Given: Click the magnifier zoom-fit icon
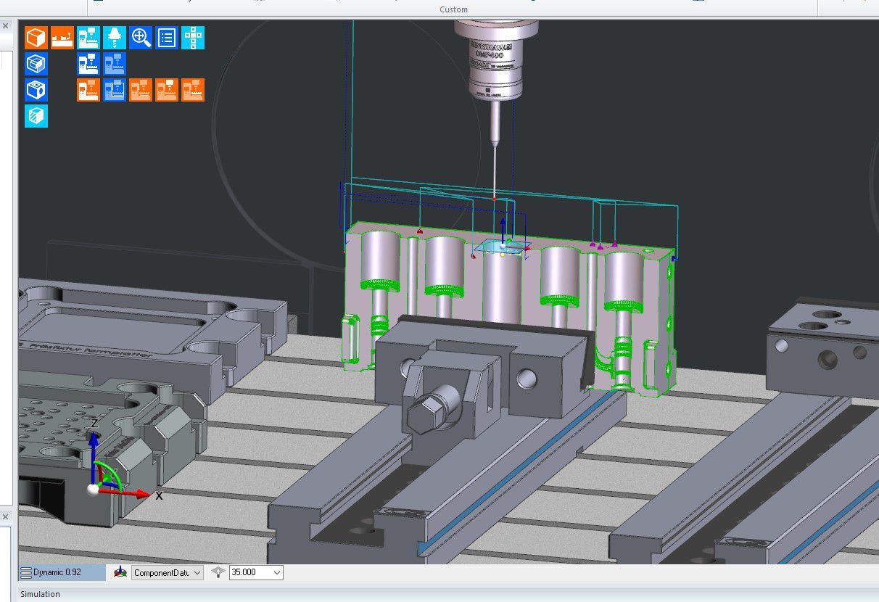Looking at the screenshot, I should (x=141, y=37).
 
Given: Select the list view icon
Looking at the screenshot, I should (x=167, y=37).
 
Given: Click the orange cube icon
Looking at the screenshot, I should (x=36, y=37).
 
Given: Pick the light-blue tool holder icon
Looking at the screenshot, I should (x=115, y=37).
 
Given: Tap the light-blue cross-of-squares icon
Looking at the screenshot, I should (x=193, y=37).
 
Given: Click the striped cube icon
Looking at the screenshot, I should (x=36, y=116).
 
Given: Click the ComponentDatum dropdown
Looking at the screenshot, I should (x=166, y=572).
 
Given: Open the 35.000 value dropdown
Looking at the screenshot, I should (x=255, y=572).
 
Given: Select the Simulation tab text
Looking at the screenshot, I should (x=41, y=594).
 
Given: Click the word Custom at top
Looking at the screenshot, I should (x=453, y=9).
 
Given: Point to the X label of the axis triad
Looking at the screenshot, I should (x=159, y=496).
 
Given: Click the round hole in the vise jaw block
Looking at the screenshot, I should (x=527, y=378).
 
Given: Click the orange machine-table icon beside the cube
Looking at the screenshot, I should (x=62, y=37).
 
